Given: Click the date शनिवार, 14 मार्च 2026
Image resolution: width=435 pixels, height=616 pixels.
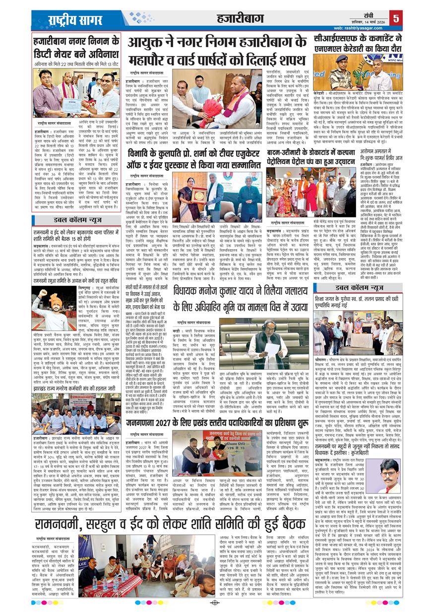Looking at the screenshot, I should (365, 20).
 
